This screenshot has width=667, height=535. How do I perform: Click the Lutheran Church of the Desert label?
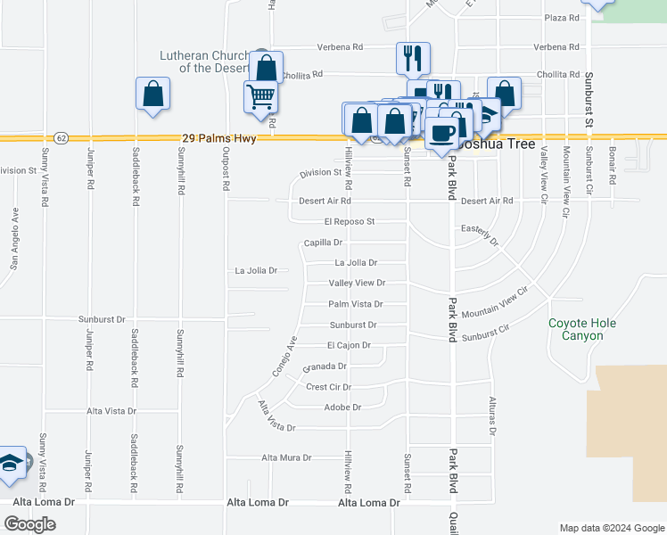click(x=206, y=62)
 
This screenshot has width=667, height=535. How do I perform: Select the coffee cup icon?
click(x=441, y=133)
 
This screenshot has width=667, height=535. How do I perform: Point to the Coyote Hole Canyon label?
click(x=575, y=329)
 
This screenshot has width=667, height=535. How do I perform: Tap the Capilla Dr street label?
click(x=323, y=243)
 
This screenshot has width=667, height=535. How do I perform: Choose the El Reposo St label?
click(x=350, y=221)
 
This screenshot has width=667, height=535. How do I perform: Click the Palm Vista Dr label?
click(x=331, y=304)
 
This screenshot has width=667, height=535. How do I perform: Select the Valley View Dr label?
click(x=356, y=283)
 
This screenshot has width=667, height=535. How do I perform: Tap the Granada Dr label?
click(x=325, y=366)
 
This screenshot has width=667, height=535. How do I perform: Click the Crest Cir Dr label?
click(x=329, y=387)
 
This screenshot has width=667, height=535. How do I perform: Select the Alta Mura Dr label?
click(x=286, y=457)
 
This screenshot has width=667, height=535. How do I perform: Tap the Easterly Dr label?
click(x=480, y=234)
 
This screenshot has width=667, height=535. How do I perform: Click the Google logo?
click(x=29, y=524)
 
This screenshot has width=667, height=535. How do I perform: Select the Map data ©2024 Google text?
click(x=611, y=528)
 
